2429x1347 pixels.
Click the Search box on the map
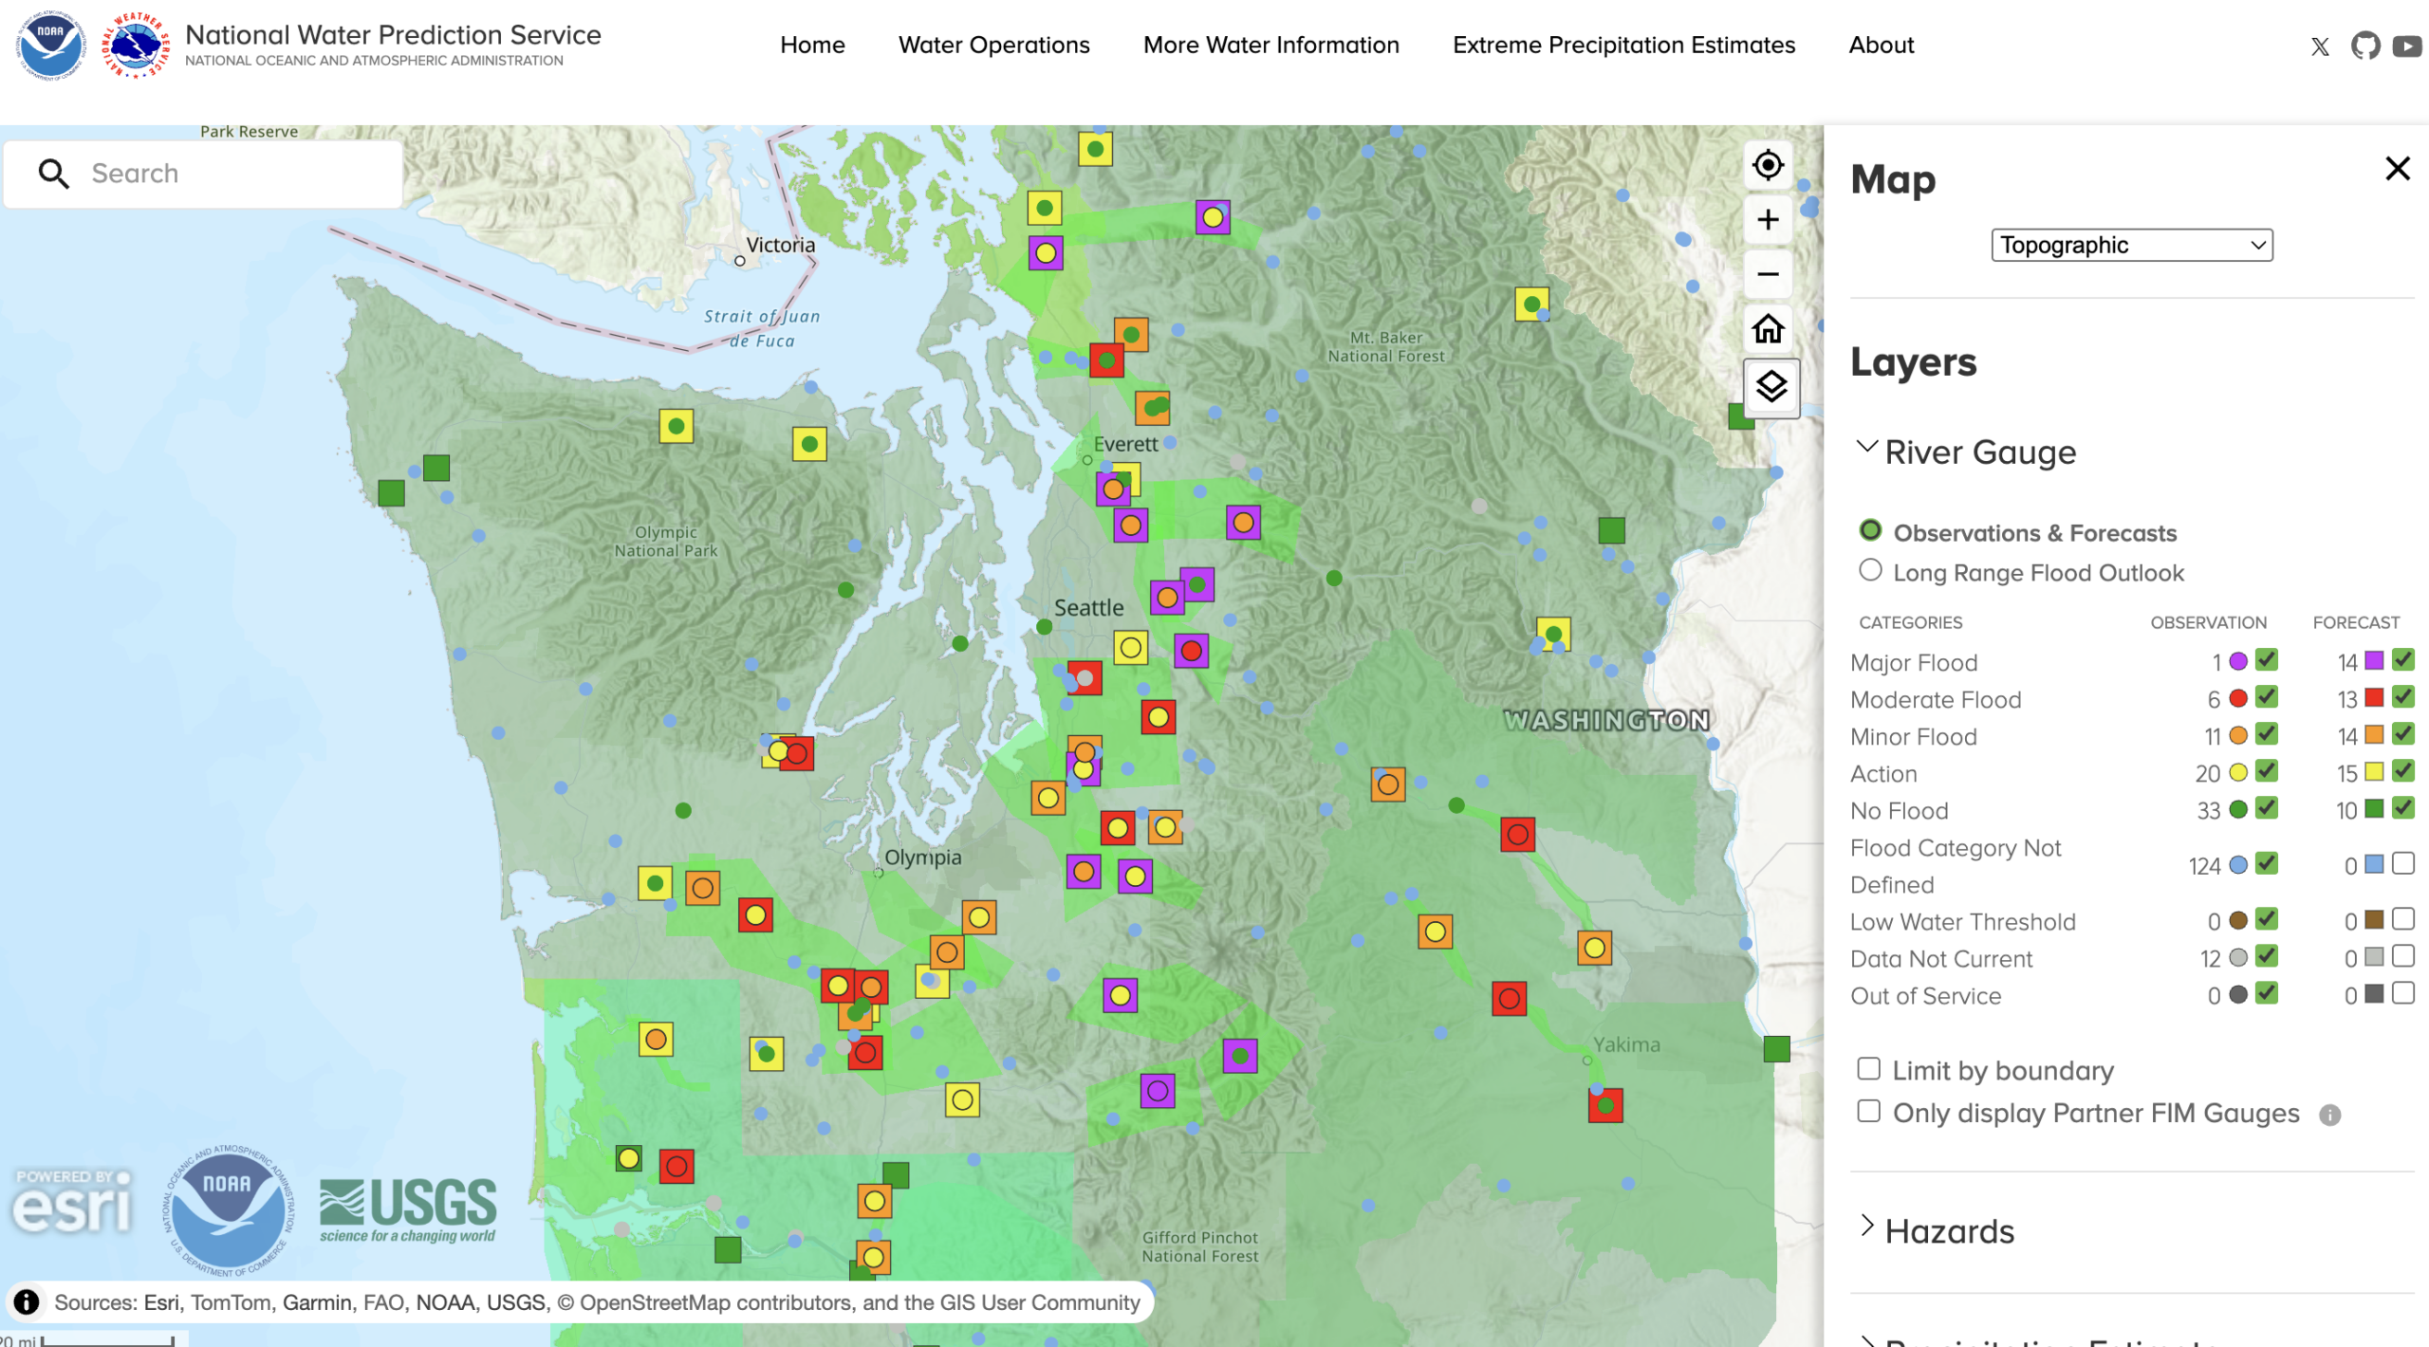coord(228,174)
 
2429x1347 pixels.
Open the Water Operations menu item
coord(993,45)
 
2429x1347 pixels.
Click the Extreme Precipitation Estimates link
coord(1622,45)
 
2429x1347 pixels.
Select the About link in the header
coord(1881,45)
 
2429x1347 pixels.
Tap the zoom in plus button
coord(1767,220)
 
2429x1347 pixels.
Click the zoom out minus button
coord(1767,275)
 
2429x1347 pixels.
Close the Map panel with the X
coord(2397,169)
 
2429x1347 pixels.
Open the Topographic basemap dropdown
coord(2130,245)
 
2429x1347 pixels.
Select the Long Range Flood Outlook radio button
coord(1869,570)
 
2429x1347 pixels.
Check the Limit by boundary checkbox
coord(1868,1069)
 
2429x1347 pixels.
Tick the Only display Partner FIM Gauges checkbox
coord(1868,1111)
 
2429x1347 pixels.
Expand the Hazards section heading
coord(1948,1230)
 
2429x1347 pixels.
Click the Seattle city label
coord(1088,608)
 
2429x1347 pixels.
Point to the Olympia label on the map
coord(922,858)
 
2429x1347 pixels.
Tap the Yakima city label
coord(1625,1044)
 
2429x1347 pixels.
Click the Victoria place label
coord(780,245)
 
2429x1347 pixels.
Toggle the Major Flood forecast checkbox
coord(2402,659)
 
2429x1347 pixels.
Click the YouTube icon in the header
coord(2406,46)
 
